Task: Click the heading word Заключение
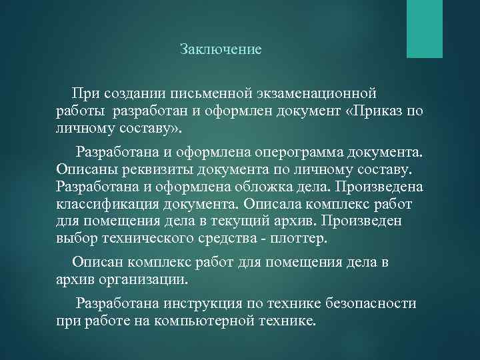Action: [221, 49]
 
